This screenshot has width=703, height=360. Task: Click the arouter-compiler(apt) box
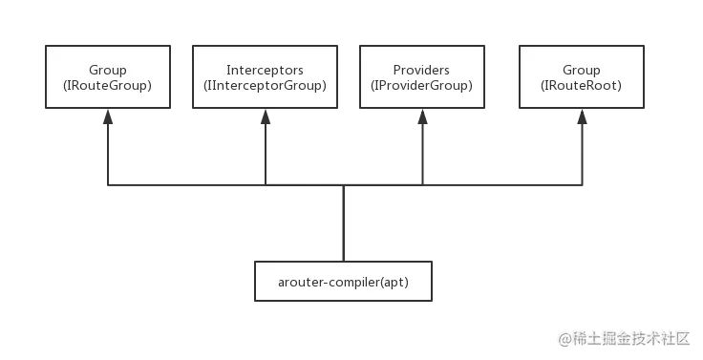pyautogui.click(x=343, y=281)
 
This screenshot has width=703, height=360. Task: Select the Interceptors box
pyautogui.click(x=265, y=76)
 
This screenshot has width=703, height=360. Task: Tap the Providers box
pyautogui.click(x=421, y=76)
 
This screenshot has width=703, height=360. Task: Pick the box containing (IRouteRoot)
pyautogui.click(x=581, y=76)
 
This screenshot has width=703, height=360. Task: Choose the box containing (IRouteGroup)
pyautogui.click(x=107, y=76)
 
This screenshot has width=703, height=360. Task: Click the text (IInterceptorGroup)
pyautogui.click(x=265, y=85)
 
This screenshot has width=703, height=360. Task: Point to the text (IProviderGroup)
pyautogui.click(x=421, y=85)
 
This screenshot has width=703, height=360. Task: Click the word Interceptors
pyautogui.click(x=265, y=70)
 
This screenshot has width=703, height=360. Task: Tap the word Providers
pyautogui.click(x=421, y=70)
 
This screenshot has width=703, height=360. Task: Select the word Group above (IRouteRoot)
pyautogui.click(x=581, y=70)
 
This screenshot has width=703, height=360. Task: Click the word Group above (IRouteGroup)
pyautogui.click(x=107, y=70)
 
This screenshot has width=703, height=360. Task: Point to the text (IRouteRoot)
pyautogui.click(x=581, y=85)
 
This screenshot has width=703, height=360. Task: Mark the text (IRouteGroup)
pyautogui.click(x=107, y=85)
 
